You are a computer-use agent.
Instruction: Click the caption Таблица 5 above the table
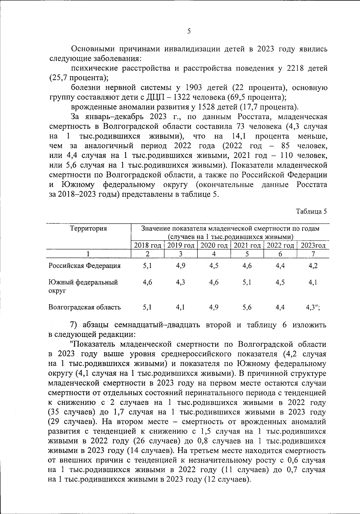click(x=311, y=211)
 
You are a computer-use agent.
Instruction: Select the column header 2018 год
click(x=148, y=245)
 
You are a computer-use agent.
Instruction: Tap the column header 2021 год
click(x=247, y=245)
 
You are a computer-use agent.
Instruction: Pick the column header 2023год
click(x=313, y=245)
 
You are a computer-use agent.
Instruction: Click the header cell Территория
click(x=88, y=229)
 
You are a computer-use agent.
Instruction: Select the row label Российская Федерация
click(x=85, y=266)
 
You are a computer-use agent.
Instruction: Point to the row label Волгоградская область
click(x=85, y=307)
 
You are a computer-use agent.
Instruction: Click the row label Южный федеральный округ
click(x=83, y=286)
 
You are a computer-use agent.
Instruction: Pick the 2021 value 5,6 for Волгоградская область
click(x=247, y=307)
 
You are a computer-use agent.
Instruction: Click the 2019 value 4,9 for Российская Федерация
click(x=181, y=266)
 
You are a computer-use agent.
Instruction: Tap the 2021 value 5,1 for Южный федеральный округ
click(x=247, y=282)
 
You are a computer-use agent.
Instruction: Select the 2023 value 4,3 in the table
click(x=311, y=307)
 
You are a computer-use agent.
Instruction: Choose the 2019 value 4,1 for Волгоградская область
click(x=181, y=307)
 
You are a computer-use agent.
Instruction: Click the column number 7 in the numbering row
click(x=313, y=254)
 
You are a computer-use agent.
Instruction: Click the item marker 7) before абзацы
click(x=74, y=325)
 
